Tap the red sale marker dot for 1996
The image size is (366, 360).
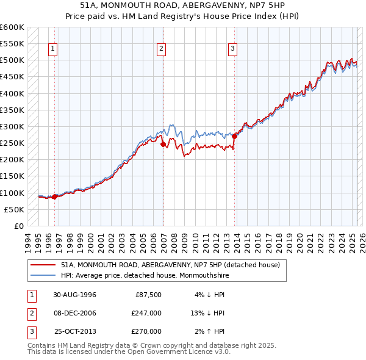54,196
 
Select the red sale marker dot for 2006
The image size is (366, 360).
163,145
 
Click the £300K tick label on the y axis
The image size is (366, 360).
12,126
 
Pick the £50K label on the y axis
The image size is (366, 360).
15,209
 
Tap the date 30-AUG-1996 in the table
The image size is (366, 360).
74,295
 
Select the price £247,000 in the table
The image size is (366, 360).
146,313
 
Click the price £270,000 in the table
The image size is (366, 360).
146,331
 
